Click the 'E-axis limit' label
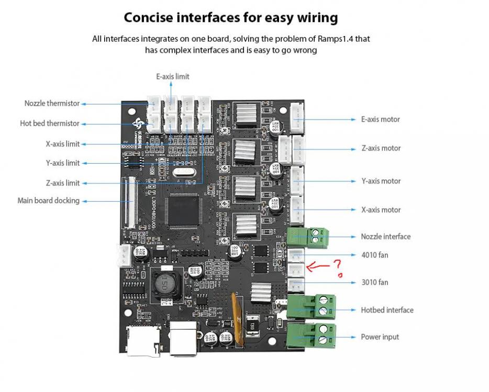click(173, 76)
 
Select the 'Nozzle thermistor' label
click(52, 103)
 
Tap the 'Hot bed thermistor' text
click(50, 123)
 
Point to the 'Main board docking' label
click(48, 200)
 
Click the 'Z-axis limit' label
click(63, 183)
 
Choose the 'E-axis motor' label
click(381, 119)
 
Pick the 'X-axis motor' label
click(381, 210)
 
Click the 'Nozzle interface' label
click(385, 236)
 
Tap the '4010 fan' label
click(374, 255)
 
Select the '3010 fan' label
click(374, 282)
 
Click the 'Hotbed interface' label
click(387, 310)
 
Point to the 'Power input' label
click(380, 337)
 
